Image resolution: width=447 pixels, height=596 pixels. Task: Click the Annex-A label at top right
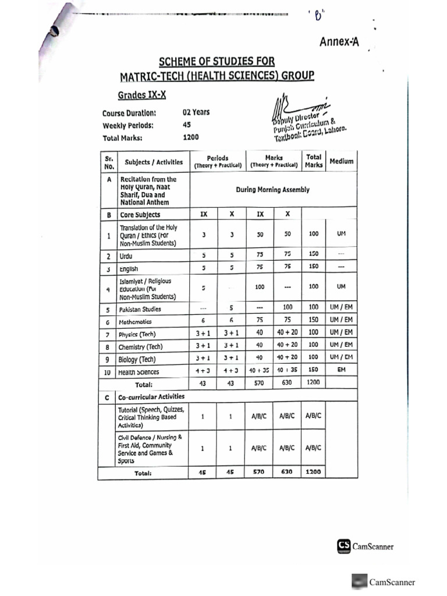pos(339,41)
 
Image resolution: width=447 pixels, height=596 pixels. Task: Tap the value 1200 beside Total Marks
pos(190,137)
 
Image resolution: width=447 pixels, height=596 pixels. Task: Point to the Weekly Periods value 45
pos(186,125)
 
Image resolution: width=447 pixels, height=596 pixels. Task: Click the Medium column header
pos(341,161)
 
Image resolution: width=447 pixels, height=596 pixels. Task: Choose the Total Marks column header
pos(313,161)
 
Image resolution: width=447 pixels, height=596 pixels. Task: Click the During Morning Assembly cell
pos(272,190)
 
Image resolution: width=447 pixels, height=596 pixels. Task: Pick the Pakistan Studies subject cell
pos(140,309)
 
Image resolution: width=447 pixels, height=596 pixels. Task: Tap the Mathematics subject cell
pos(135,321)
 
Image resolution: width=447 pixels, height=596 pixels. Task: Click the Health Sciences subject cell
pos(139,372)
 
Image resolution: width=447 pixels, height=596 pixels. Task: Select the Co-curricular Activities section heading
pos(151,396)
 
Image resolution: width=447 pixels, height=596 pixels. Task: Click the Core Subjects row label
pos(140,214)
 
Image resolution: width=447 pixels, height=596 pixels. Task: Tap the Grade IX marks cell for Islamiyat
pos(260,287)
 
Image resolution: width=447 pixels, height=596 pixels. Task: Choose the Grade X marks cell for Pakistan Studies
pos(288,307)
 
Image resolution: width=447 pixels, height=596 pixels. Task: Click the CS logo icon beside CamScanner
pos(343,546)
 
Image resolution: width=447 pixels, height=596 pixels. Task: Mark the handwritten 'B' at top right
pos(318,16)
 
